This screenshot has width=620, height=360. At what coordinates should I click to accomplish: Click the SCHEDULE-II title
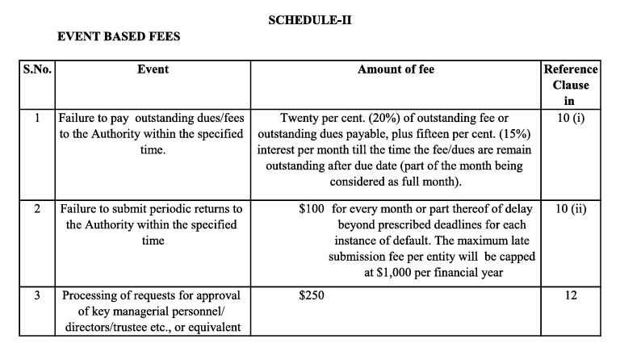coord(310,20)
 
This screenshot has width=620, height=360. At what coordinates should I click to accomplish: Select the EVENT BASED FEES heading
coord(119,37)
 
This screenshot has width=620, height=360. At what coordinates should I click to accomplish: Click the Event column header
coord(153,69)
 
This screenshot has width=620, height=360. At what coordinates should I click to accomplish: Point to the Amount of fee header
coord(396,69)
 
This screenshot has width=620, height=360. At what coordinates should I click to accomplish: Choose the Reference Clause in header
coord(571,85)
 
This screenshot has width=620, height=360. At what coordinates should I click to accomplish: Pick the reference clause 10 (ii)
coord(571,209)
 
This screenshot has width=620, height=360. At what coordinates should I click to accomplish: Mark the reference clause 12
coord(571,295)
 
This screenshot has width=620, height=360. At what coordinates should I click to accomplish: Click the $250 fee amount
coord(312,295)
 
